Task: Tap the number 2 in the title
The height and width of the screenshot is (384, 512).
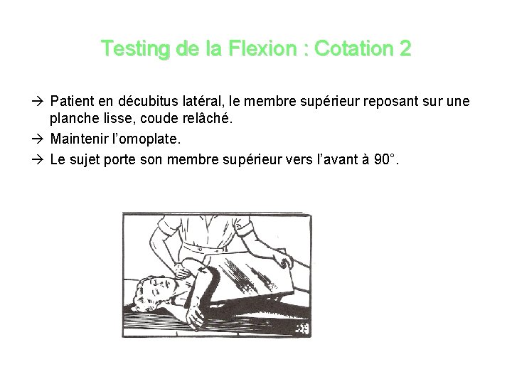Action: coord(405,49)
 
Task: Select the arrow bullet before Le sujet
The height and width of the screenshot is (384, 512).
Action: coord(42,159)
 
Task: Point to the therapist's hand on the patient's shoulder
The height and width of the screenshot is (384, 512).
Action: coord(188,269)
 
